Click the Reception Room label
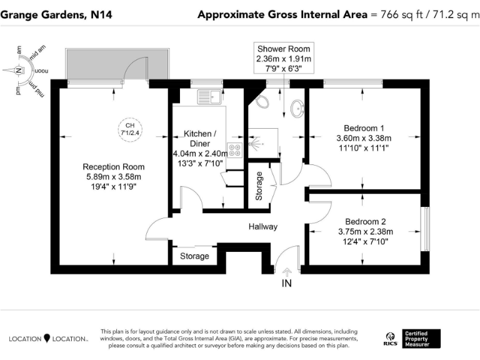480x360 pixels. pyautogui.click(x=114, y=167)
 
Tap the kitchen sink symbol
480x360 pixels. pyautogui.click(x=209, y=96)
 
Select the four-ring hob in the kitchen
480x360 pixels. pyautogui.click(x=235, y=150)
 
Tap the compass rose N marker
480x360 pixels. pyautogui.click(x=19, y=71)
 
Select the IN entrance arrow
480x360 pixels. pyautogui.click(x=287, y=272)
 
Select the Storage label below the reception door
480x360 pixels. pyautogui.click(x=194, y=256)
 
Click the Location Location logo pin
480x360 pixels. pyautogui.click(x=46, y=338)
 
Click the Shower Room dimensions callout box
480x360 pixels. pyautogui.click(x=283, y=59)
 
